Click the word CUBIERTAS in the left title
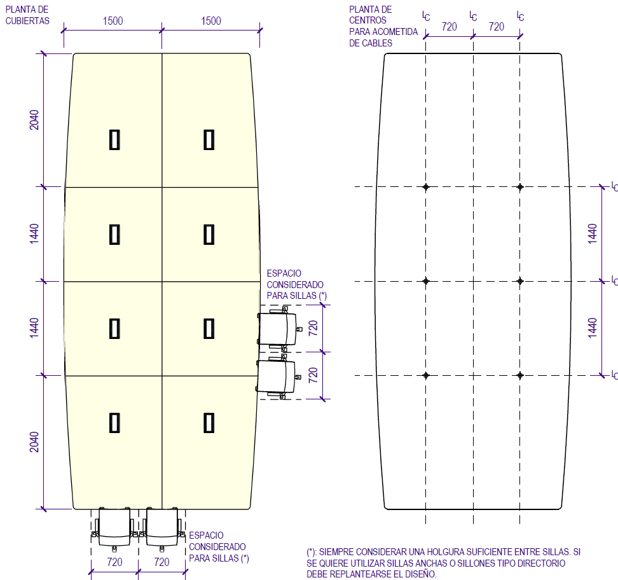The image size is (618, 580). pos(27,20)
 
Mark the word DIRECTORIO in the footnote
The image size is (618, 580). pos(539,563)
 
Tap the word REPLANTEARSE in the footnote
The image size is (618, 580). pos(364,574)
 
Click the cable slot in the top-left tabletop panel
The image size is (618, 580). pos(114,139)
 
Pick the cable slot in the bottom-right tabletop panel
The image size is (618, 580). pos(209,423)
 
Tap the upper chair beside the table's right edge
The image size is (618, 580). pos(278,328)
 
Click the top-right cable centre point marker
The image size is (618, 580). pos(520,187)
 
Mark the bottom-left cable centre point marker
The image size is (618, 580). pos(426,375)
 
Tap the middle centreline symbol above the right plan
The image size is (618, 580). pos(472,15)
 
